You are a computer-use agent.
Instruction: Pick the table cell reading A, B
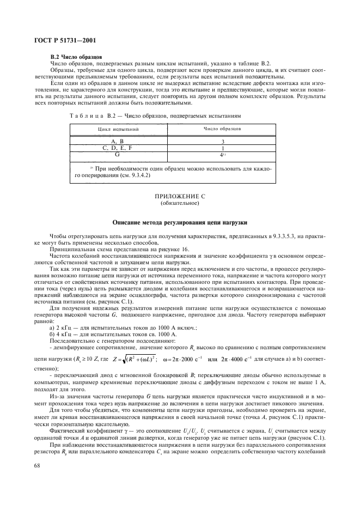[x=118, y=141]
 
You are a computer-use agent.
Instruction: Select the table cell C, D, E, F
[x=118, y=148]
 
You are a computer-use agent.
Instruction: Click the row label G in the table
[x=118, y=154]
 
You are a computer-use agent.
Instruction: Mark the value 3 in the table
[x=222, y=141]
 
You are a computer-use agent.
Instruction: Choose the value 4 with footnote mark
[x=222, y=154]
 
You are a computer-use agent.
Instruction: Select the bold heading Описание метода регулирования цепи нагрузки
[x=180, y=223]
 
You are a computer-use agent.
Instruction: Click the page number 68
[x=37, y=465]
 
